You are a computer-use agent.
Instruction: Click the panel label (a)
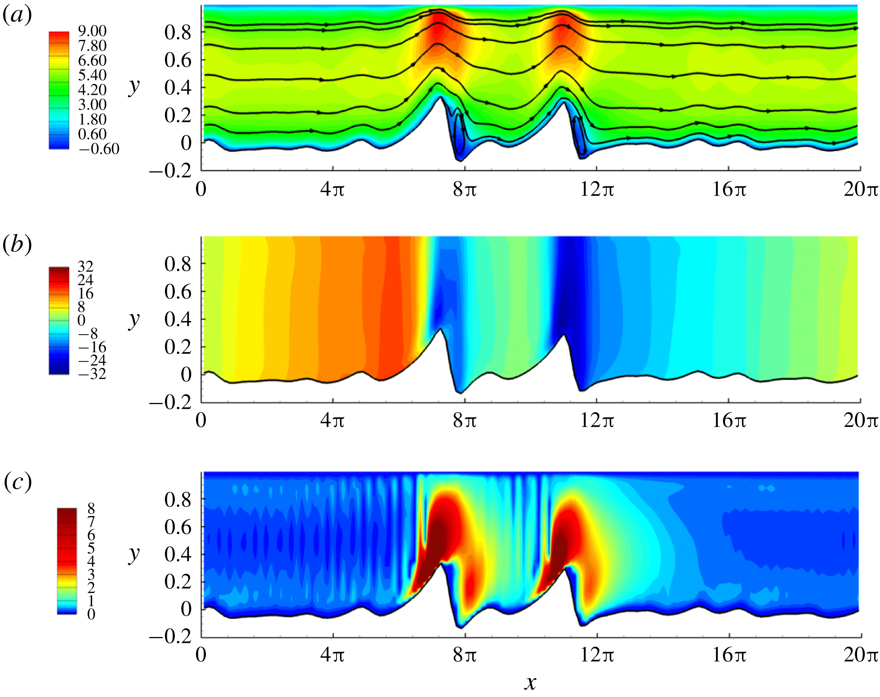[x=17, y=16]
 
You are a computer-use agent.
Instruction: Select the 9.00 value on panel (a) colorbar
[x=92, y=31]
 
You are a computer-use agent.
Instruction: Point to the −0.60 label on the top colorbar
[x=99, y=149]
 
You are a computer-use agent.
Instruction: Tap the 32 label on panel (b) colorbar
[x=85, y=267]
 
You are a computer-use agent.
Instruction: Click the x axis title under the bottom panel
[x=530, y=682]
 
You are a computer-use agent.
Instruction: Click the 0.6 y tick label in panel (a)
[x=178, y=60]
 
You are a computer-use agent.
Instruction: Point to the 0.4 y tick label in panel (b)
[x=178, y=320]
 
